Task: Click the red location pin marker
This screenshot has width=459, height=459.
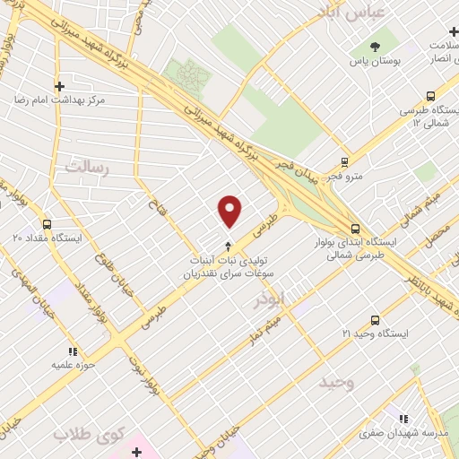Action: point(230,211)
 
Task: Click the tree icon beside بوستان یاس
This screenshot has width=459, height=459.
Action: point(374,47)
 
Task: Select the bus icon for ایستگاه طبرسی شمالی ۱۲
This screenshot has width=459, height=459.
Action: point(431,96)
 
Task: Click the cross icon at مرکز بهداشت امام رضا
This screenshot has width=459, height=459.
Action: point(60,87)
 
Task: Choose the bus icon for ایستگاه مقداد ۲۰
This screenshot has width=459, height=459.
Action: point(47,225)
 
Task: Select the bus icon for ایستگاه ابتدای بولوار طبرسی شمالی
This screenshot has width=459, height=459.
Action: point(356,228)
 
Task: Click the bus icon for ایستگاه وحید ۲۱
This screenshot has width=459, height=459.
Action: point(375,319)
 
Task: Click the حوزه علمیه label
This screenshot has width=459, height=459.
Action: point(50,365)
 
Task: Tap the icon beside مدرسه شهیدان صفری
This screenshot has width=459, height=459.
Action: point(403,419)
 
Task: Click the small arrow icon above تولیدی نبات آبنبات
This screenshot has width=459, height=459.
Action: point(228,244)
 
